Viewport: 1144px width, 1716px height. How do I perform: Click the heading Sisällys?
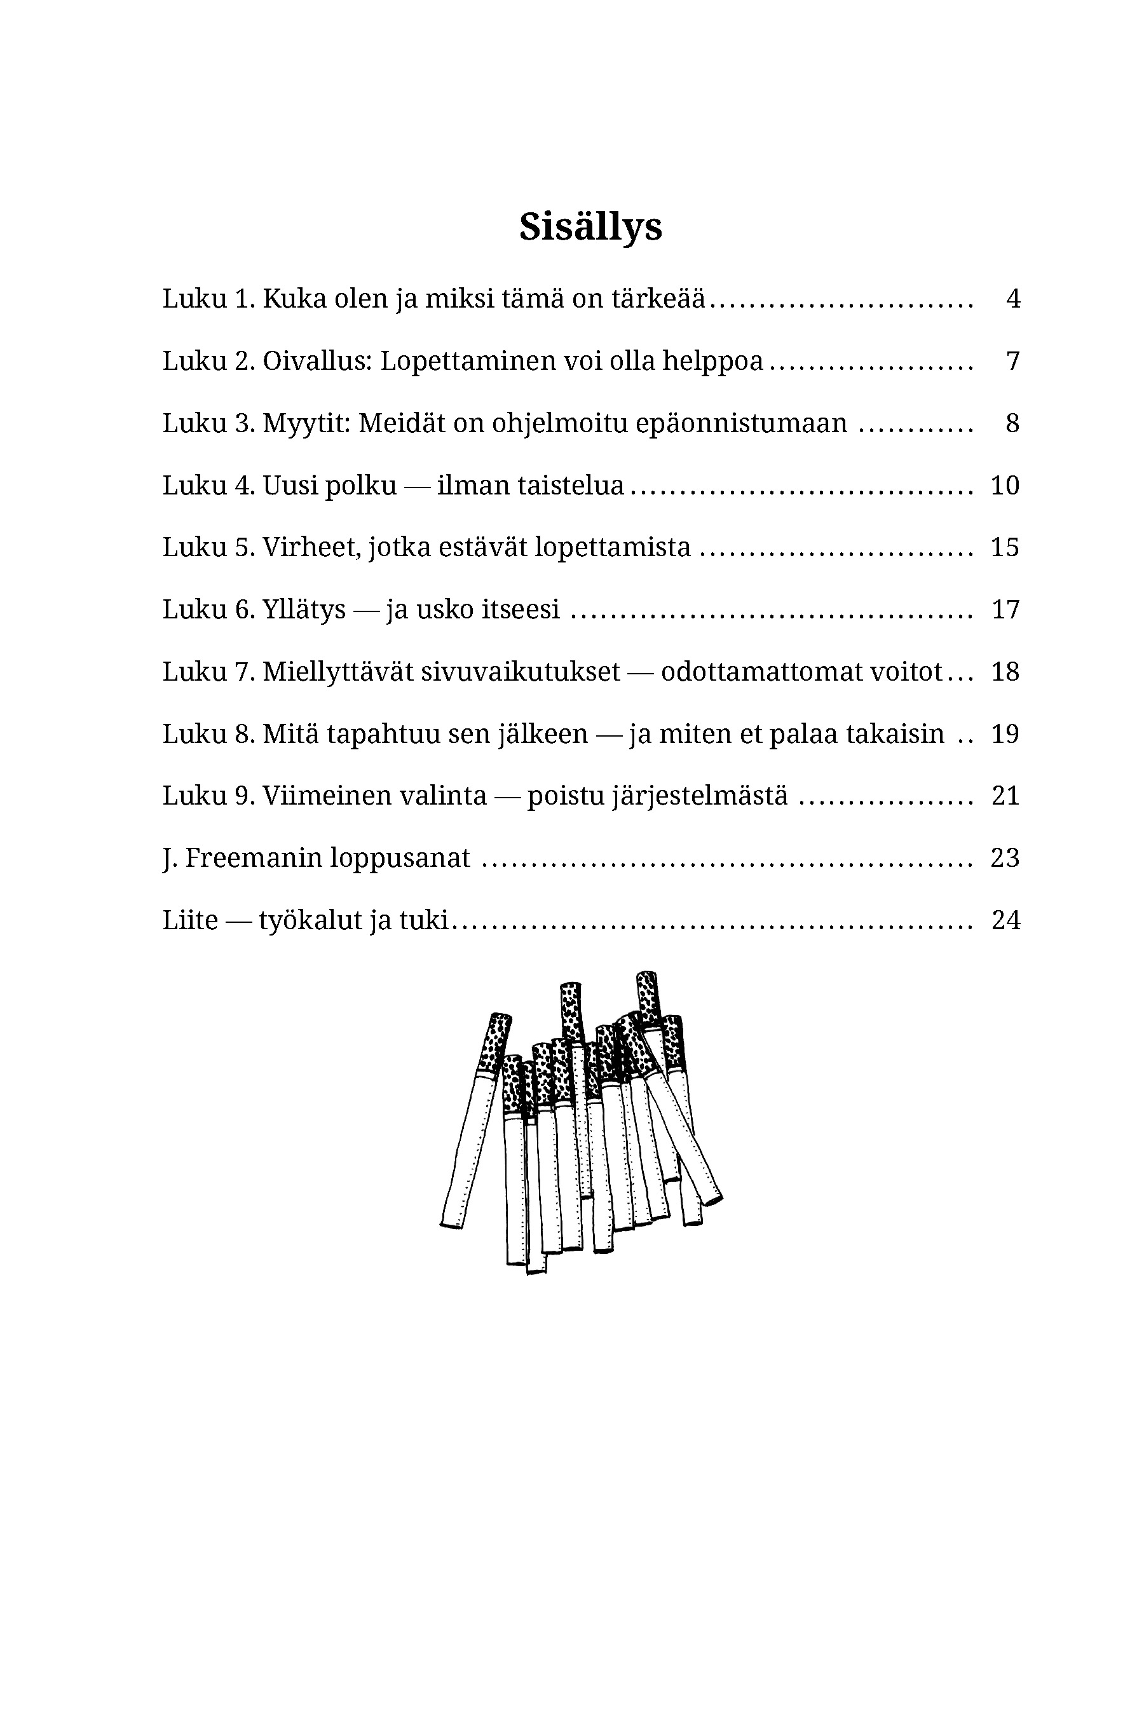pyautogui.click(x=590, y=227)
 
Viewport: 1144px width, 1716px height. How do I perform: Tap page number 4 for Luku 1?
pyautogui.click(x=1012, y=299)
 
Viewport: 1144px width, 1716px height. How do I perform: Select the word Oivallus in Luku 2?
pyautogui.click(x=317, y=360)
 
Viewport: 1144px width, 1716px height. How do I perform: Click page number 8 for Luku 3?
pyautogui.click(x=1012, y=423)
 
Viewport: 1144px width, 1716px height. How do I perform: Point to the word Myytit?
pyautogui.click(x=306, y=423)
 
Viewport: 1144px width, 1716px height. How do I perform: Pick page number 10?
pyautogui.click(x=1005, y=485)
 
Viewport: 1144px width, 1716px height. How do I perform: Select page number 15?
pyautogui.click(x=1005, y=547)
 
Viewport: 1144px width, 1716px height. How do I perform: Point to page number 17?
pyautogui.click(x=1005, y=609)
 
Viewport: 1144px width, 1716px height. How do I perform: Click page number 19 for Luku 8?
pyautogui.click(x=1005, y=734)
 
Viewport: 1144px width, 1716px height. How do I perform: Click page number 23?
pyautogui.click(x=1005, y=858)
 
